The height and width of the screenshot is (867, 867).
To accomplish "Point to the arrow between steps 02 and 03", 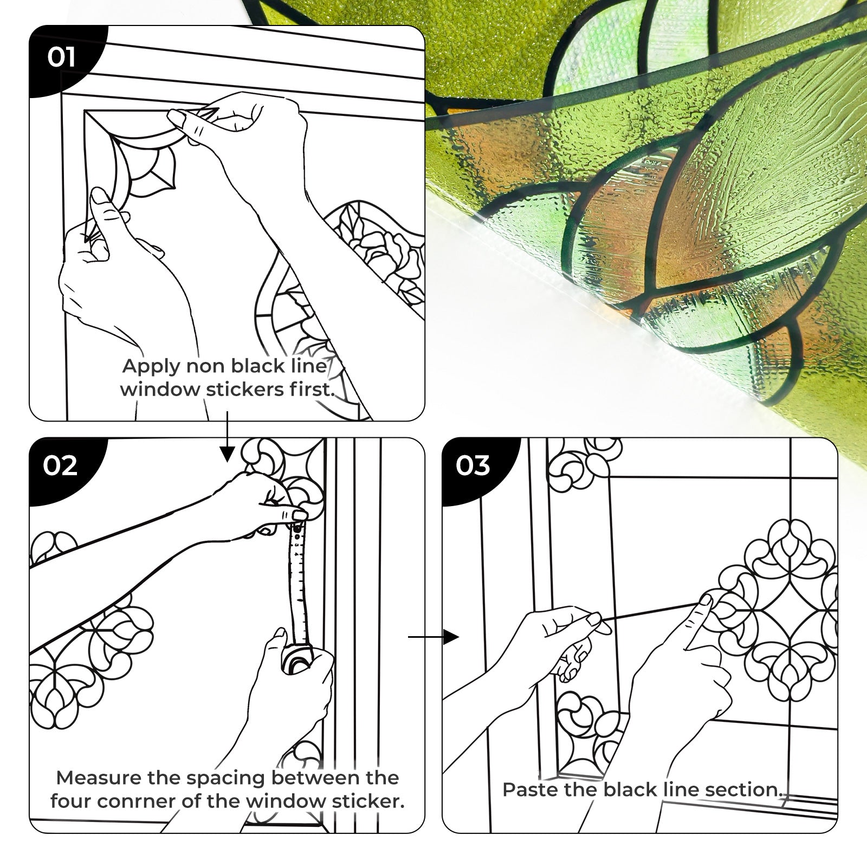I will click(x=433, y=637).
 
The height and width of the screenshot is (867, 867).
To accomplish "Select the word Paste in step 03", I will click(x=530, y=790).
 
